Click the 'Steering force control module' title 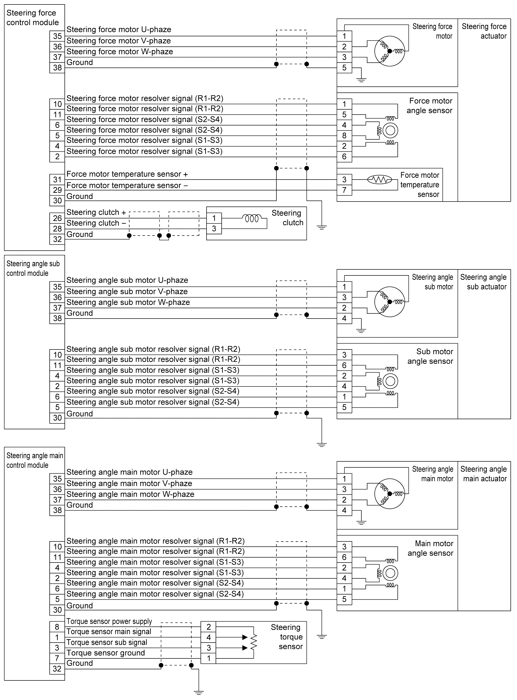pyautogui.click(x=33, y=18)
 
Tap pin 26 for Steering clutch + pyautogui.click(x=57, y=218)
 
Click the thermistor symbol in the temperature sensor pyautogui.click(x=379, y=179)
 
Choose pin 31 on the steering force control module pyautogui.click(x=57, y=179)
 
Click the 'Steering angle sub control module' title pyautogui.click(x=33, y=268)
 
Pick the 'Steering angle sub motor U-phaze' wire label pyautogui.click(x=127, y=280)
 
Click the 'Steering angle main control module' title pyautogui.click(x=34, y=460)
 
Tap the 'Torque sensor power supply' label pyautogui.click(x=109, y=621)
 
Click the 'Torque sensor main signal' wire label pyautogui.click(x=109, y=632)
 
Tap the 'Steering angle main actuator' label pyautogui.click(x=483, y=474)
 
